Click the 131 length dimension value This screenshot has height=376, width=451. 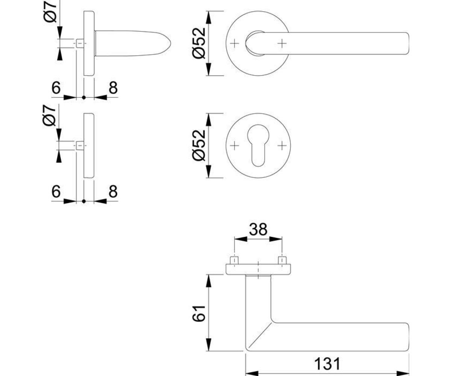click(x=327, y=364)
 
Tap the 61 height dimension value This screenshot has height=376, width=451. click(x=198, y=314)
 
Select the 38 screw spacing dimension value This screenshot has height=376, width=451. click(x=258, y=229)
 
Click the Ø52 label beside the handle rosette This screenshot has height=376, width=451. click(x=199, y=43)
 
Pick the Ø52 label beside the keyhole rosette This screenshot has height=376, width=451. click(x=199, y=146)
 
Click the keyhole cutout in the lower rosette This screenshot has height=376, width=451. click(x=258, y=145)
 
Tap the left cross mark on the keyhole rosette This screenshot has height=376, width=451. click(x=235, y=146)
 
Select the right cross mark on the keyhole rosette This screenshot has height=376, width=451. click(x=282, y=146)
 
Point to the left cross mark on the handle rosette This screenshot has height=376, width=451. click(x=235, y=44)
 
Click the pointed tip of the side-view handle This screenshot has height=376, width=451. click(x=171, y=43)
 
